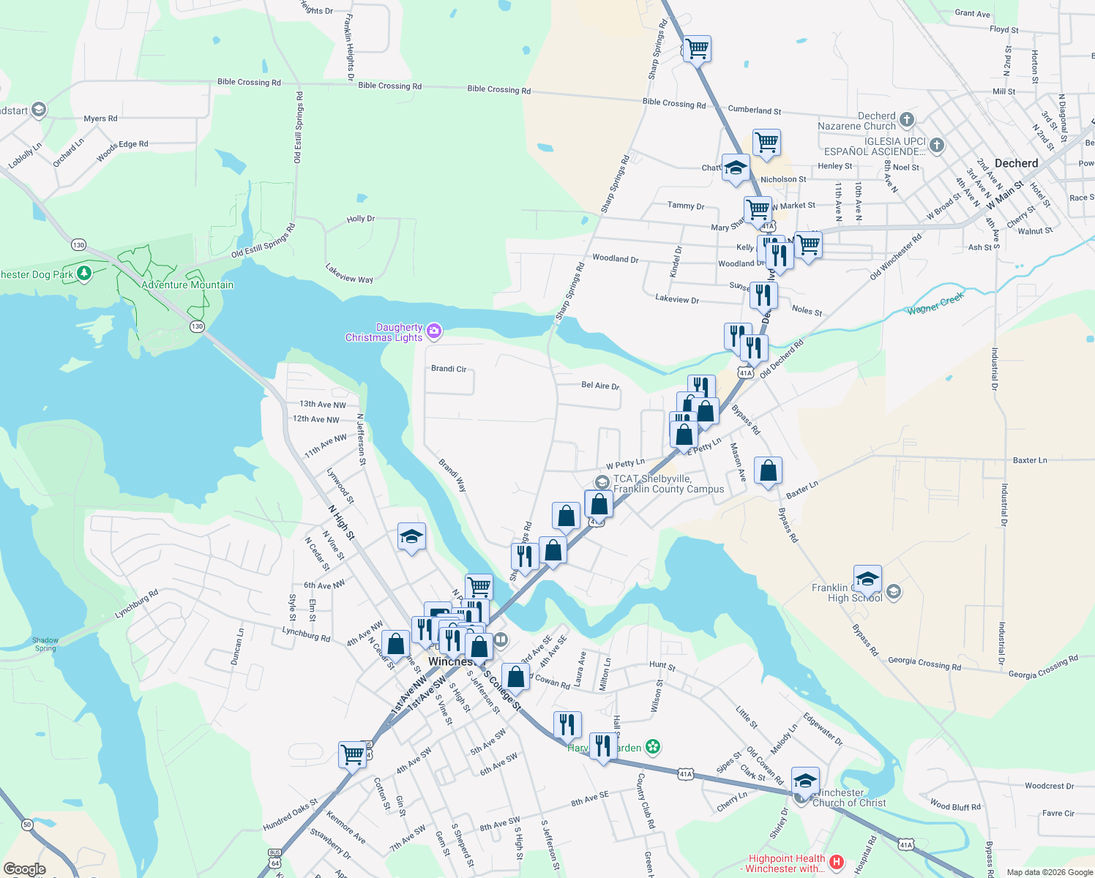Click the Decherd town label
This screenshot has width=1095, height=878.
(x=1016, y=163)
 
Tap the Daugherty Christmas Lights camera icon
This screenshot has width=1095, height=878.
(x=434, y=332)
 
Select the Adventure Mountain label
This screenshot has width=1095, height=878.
(x=187, y=285)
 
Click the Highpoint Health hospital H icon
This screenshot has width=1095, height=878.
(x=837, y=863)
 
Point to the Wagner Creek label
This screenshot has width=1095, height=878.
(x=935, y=301)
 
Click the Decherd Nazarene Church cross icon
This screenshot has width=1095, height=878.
(x=906, y=119)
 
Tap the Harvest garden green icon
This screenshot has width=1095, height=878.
(x=653, y=747)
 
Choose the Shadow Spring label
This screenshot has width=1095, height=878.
(x=45, y=644)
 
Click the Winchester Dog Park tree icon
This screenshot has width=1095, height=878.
(x=84, y=274)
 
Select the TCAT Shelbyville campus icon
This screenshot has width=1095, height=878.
(x=602, y=482)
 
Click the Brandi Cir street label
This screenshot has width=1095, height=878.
(x=449, y=369)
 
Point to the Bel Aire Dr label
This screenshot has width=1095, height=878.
(x=600, y=386)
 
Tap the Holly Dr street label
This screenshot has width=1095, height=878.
(x=360, y=219)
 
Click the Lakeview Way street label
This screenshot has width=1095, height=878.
(x=349, y=273)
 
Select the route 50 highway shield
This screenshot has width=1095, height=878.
(x=27, y=825)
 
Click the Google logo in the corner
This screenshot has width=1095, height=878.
(x=24, y=869)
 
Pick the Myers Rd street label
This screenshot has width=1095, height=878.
(x=100, y=119)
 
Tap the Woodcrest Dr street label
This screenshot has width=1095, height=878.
(x=1049, y=786)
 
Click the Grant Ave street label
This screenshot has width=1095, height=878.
(x=972, y=13)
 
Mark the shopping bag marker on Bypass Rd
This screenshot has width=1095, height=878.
(x=768, y=472)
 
